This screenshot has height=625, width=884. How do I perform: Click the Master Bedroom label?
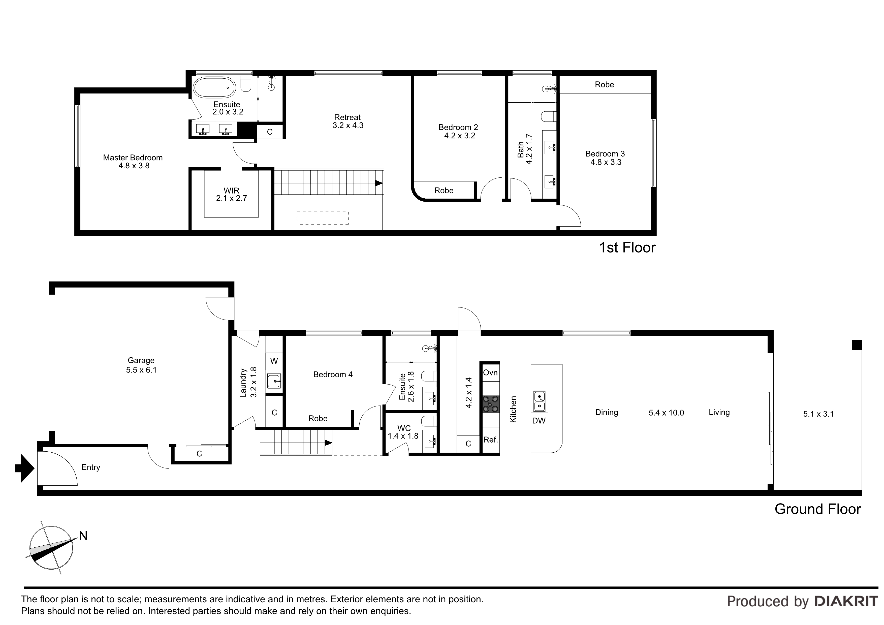[x=133, y=158]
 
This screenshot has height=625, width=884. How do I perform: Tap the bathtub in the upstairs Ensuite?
[x=214, y=88]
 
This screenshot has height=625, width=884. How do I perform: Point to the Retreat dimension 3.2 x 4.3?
[x=348, y=126]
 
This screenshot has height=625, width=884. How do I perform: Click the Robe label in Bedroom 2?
[x=444, y=191]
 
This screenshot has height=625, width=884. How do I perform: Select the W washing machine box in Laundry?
[x=274, y=361]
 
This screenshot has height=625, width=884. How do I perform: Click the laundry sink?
[x=274, y=381]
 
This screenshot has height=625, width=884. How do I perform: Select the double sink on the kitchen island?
[x=540, y=401]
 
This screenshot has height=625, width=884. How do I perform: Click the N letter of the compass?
[x=83, y=536]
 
